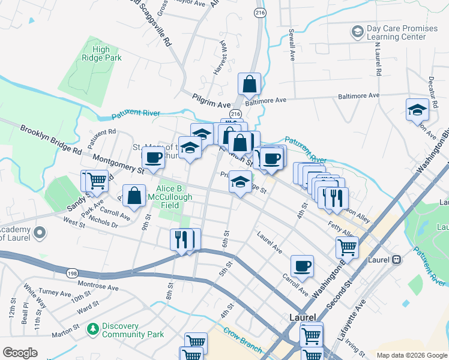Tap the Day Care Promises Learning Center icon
tap(357, 31)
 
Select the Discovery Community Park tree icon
tap(92, 329)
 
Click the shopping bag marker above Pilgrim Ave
tap(249, 85)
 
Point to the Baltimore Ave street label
tap(358, 95)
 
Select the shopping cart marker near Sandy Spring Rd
tap(96, 181)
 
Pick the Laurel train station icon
tap(396, 260)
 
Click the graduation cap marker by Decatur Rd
tap(417, 110)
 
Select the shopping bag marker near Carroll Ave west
tap(134, 196)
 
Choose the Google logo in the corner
tap(20, 353)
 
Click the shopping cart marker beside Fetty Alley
tap(347, 247)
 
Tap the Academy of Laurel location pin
tap(40, 232)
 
